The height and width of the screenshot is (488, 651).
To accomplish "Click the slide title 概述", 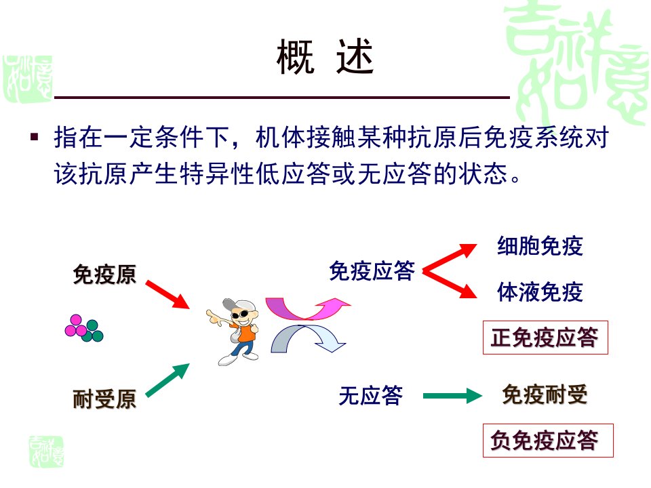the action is pos(325,57).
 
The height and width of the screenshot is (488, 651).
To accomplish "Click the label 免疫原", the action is pos(104,274).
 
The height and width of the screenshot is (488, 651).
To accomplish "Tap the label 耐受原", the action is pos(104,399).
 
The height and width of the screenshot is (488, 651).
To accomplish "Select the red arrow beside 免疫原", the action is pos(167,295).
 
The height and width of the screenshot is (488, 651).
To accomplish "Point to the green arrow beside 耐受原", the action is pos(167,380).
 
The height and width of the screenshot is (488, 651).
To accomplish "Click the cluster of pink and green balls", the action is pos(84,328).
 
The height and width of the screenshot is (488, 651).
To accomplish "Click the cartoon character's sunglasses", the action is pos(240,314).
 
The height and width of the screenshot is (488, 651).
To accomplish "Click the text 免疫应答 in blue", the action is pos(372,271).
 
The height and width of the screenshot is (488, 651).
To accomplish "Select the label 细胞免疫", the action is pos(540,245).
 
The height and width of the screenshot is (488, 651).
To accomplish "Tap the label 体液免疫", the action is pos(540,291).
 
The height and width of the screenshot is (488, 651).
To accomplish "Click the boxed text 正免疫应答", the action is pos(545,338).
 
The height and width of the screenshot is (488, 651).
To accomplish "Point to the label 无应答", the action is pos(371,395).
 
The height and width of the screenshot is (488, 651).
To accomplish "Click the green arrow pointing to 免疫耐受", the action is pos(452,396).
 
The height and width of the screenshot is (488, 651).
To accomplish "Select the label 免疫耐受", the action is pos(545,394).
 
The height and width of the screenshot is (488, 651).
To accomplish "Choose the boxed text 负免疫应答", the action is pos(548,441).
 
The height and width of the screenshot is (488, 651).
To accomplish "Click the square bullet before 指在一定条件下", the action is pos(35,136).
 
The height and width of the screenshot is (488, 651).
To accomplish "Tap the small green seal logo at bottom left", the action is pos(47,452).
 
